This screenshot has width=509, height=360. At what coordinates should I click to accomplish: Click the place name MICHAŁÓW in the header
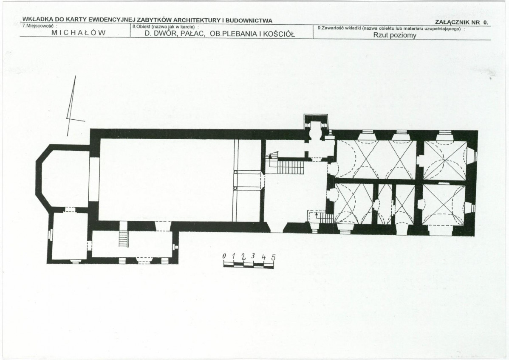pos(79,33)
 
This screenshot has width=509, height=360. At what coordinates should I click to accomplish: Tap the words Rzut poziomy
pos(394,35)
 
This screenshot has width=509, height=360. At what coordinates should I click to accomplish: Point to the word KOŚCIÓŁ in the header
pos(279,34)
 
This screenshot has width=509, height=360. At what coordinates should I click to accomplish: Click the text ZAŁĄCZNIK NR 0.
pos(461,22)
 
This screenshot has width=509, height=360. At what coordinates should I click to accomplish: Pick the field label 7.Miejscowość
pos(39,25)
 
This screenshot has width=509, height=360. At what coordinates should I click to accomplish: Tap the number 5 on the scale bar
pos(273,258)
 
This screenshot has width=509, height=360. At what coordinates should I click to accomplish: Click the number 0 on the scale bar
pos(224,256)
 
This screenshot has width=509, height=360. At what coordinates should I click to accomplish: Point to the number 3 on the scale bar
pos(253,256)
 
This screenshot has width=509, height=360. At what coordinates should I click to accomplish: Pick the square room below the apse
pos(70,236)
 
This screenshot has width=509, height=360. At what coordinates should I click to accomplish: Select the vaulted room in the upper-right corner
pos(445,160)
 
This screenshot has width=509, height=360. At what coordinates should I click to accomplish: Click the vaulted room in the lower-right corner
pos(444,205)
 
